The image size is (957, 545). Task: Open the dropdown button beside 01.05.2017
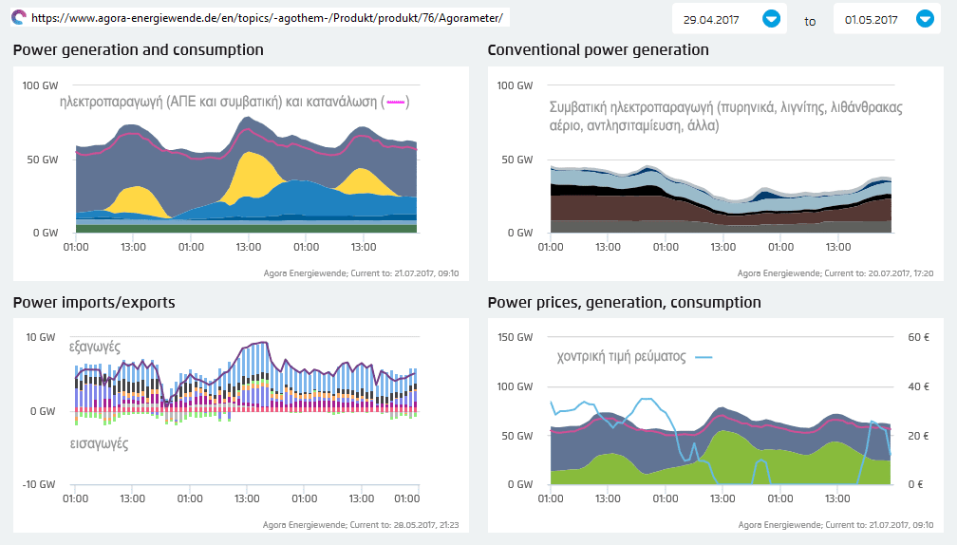(x=925, y=18)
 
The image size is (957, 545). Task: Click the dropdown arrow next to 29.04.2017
(x=771, y=18)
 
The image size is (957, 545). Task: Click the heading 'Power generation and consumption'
(x=139, y=49)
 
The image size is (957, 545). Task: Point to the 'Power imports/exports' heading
(x=94, y=302)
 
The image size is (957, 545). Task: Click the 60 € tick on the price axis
(x=916, y=337)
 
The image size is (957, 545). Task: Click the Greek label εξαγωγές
(x=95, y=348)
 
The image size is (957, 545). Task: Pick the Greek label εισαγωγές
(x=99, y=443)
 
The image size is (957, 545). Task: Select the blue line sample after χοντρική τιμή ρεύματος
(x=704, y=357)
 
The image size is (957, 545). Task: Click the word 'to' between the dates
(x=810, y=20)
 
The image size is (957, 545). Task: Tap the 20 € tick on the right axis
(x=916, y=436)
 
